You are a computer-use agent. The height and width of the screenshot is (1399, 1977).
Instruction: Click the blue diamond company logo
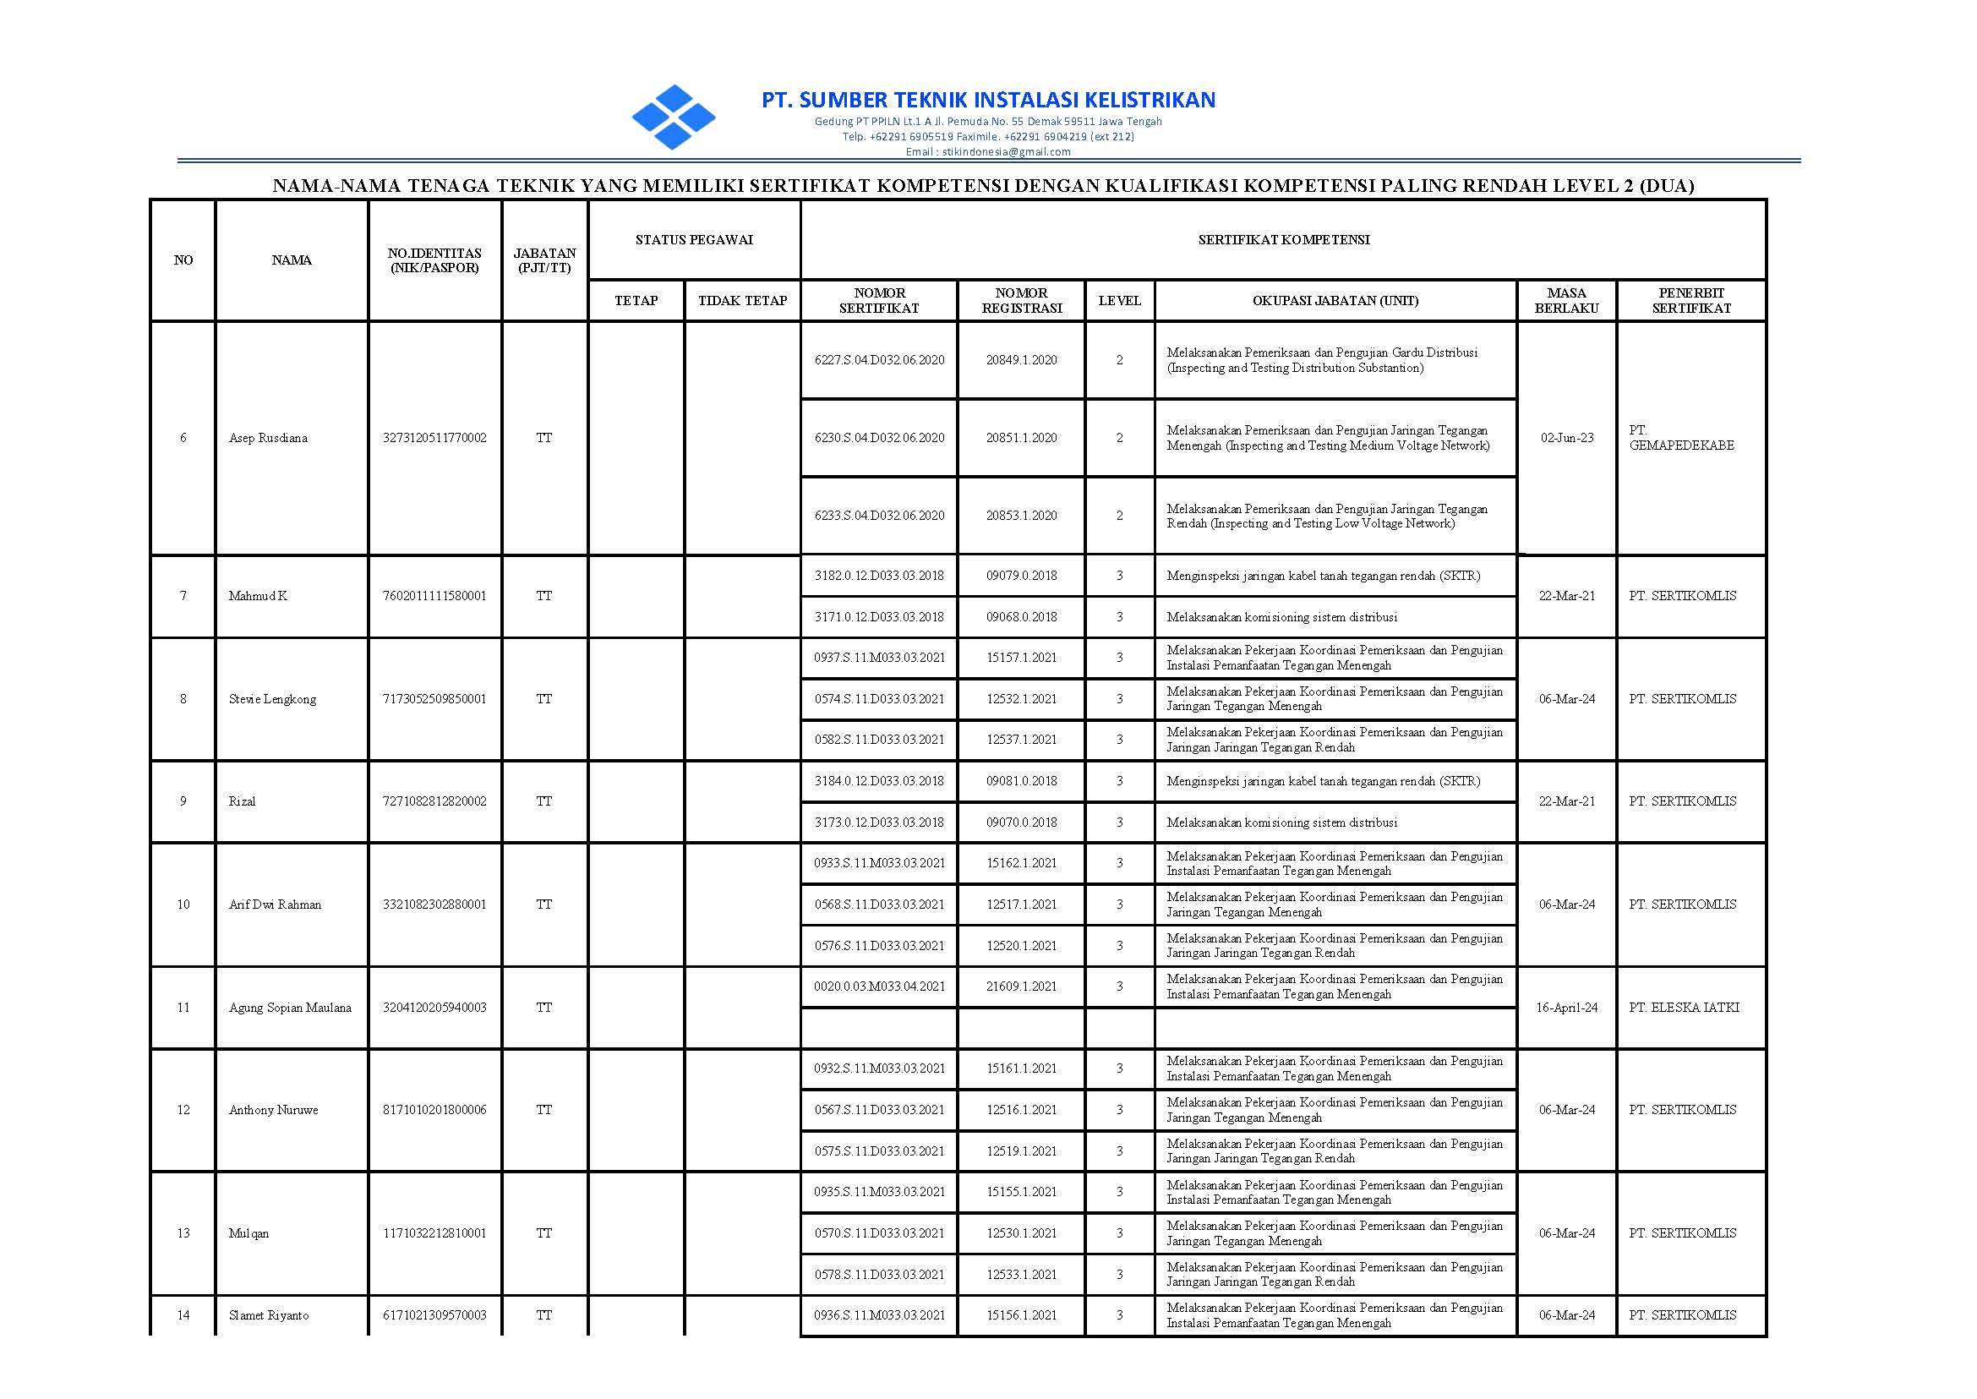[x=673, y=117]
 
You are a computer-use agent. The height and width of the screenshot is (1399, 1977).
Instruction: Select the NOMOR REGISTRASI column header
[x=1021, y=301]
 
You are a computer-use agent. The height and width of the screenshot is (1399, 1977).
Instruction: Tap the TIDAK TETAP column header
[x=742, y=301]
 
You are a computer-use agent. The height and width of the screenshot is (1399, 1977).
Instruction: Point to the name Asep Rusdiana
[x=268, y=438]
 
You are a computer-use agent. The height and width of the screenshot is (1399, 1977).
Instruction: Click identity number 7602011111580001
[x=434, y=596]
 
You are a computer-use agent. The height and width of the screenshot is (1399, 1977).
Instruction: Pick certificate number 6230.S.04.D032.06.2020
[x=879, y=438]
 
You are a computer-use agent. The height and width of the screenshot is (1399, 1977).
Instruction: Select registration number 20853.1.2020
[x=1021, y=515]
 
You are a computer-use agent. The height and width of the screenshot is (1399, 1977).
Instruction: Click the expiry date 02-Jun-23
[x=1566, y=438]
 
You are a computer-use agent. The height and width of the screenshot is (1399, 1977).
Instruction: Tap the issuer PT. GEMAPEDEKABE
[x=1680, y=438]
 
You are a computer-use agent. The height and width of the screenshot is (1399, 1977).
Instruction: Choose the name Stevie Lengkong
[x=272, y=698]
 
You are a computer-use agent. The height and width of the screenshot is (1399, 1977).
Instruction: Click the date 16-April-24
[x=1566, y=1007]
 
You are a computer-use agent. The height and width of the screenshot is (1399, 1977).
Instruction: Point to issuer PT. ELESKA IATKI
[x=1683, y=1007]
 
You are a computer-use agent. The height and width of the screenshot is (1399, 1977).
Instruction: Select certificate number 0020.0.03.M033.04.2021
[x=879, y=986]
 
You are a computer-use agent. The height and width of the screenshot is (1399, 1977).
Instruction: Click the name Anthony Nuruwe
[x=273, y=1110]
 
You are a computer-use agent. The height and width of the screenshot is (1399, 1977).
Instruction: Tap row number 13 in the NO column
[x=183, y=1232]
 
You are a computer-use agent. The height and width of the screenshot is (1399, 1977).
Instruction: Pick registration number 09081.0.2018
[x=1021, y=781]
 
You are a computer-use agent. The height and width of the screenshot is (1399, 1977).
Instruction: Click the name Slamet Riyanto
[x=269, y=1315]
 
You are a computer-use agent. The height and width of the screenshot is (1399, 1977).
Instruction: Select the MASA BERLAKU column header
[x=1566, y=301]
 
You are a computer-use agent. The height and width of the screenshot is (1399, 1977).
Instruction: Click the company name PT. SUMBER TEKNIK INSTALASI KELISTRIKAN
[x=988, y=100]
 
